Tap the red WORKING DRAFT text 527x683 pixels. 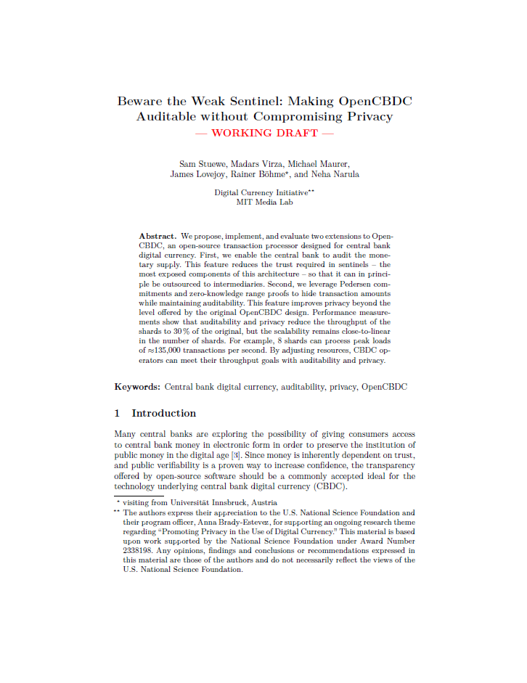point(266,133)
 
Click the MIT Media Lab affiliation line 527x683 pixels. point(265,202)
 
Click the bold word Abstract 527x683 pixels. point(157,237)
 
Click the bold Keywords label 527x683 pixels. point(136,387)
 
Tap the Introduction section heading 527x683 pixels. point(163,413)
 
